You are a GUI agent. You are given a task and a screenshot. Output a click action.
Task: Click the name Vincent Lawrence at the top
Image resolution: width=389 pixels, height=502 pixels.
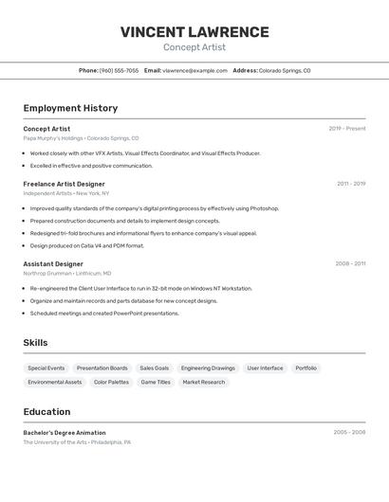coord(194,32)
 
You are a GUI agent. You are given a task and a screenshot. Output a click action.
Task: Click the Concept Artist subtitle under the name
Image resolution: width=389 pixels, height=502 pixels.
coord(194,47)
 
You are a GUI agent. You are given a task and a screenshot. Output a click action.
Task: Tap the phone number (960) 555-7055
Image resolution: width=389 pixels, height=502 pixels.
coord(119,70)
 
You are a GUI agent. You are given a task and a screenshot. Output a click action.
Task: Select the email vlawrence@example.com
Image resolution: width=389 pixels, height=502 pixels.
coord(194,70)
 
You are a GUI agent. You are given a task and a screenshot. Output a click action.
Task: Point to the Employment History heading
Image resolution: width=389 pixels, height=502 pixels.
coord(70,108)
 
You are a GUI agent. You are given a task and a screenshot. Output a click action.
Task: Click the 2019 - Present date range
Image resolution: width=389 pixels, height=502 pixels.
coord(347,129)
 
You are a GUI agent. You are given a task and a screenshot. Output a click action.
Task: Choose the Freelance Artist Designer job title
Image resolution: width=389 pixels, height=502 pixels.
coord(64,184)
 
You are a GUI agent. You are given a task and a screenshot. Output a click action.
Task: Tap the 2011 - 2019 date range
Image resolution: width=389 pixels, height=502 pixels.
coord(351,184)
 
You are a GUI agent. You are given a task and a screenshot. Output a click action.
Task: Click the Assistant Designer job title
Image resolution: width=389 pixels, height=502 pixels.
coord(53,264)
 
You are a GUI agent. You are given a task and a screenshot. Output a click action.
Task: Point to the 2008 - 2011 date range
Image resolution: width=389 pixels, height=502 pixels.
coord(350,264)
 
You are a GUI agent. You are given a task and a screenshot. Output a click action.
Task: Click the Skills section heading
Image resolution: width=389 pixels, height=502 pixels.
coord(35,343)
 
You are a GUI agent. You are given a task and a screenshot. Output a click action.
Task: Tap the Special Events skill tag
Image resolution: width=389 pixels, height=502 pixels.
coord(46,368)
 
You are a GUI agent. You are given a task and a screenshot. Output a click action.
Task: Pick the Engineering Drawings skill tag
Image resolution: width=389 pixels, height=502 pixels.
coord(208,368)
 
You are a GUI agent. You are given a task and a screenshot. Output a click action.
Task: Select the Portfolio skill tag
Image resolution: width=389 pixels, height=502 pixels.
coord(306,368)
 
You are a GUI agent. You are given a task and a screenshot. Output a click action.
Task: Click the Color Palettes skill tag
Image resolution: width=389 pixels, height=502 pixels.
coord(111,382)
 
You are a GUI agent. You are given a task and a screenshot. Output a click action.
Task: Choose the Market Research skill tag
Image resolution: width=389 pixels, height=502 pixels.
coord(204,382)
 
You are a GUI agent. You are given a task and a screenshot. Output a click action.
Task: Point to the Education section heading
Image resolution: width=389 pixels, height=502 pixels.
coord(46,412)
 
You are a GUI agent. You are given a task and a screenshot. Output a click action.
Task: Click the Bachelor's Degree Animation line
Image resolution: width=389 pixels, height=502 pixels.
coord(65,433)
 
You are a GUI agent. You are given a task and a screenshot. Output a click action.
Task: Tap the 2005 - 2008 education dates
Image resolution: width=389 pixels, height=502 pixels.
coord(349,433)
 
